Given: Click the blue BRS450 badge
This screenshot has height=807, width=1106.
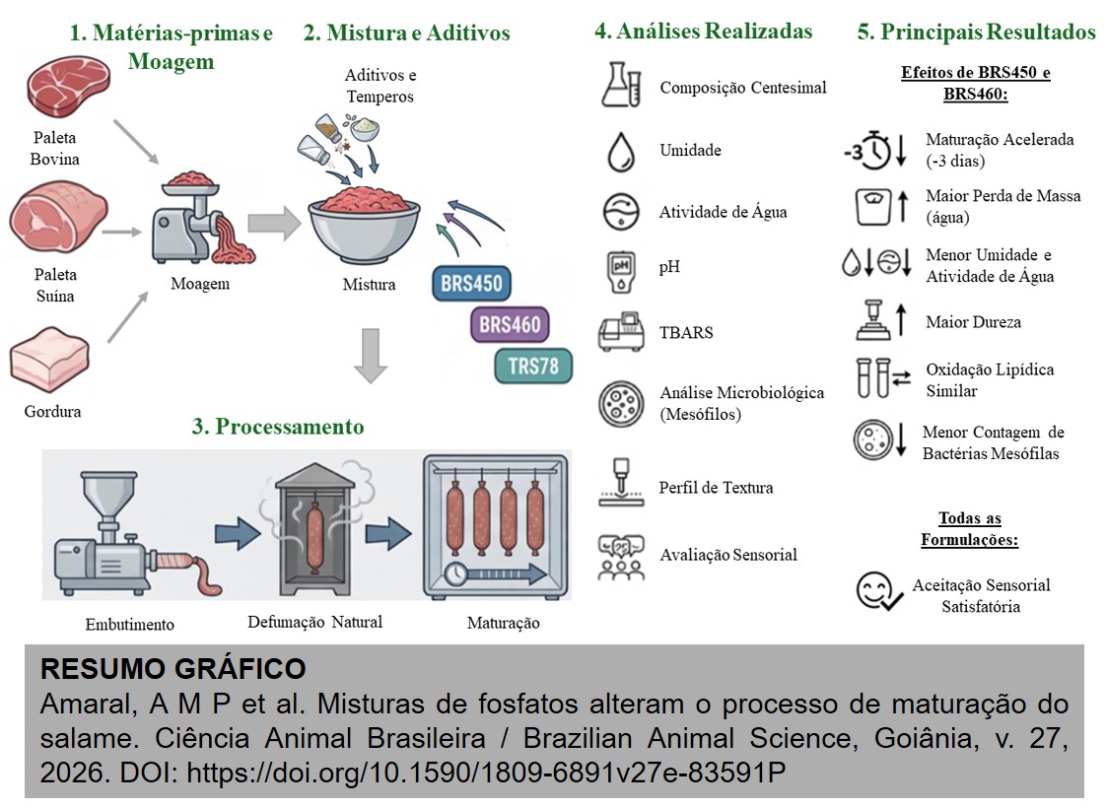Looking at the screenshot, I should tap(471, 284).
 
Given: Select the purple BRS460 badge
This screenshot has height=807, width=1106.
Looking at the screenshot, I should tap(509, 324).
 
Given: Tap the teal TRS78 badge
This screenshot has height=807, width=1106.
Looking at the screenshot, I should tap(533, 366).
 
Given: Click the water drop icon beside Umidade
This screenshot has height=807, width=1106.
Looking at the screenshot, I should tap(621, 151).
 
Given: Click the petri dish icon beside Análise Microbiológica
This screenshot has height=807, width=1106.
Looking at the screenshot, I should tap(622, 402).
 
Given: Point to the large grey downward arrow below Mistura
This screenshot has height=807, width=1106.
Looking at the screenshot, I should tap(370, 356).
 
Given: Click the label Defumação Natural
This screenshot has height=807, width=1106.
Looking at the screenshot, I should tap(314, 622).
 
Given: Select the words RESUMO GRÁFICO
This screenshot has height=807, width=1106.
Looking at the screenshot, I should tap(173, 669).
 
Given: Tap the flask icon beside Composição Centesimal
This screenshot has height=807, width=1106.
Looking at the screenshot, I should tap(621, 85).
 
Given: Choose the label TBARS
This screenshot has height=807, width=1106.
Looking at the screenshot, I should tap(686, 332).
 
